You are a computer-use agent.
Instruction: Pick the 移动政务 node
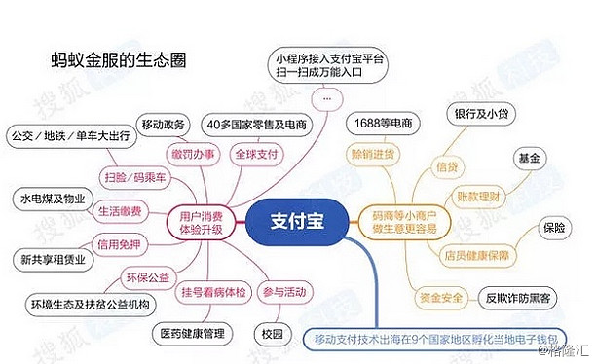point(162,126)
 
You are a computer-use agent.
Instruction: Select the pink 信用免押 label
point(118,244)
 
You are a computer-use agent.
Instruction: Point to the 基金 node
point(527,158)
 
